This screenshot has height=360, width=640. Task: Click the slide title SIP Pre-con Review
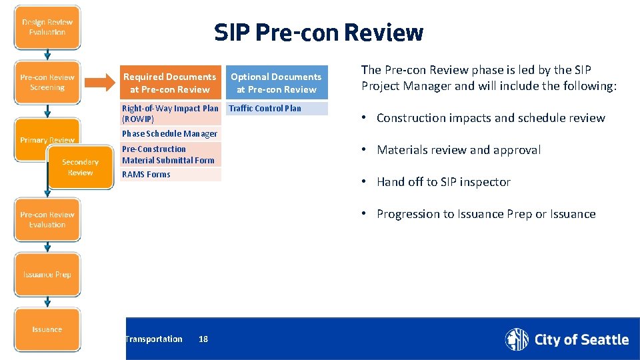pyautogui.click(x=319, y=33)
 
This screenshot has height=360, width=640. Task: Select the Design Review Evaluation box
pyautogui.click(x=47, y=27)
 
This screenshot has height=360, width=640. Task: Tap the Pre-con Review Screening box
pyautogui.click(x=47, y=83)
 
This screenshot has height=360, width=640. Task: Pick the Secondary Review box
pyautogui.click(x=80, y=167)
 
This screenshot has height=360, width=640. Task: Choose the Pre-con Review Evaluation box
pyautogui.click(x=47, y=220)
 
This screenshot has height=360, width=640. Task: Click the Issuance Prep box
pyautogui.click(x=47, y=275)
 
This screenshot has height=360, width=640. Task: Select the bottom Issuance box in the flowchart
pyautogui.click(x=47, y=329)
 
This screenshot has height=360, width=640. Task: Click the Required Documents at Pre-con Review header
pyautogui.click(x=170, y=83)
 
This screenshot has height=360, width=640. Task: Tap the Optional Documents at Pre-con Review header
pyautogui.click(x=276, y=83)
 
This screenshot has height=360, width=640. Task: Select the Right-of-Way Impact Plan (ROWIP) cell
pyautogui.click(x=170, y=113)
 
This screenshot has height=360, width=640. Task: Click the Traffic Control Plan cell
pyautogui.click(x=276, y=108)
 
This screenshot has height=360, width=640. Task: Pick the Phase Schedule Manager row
pyautogui.click(x=170, y=134)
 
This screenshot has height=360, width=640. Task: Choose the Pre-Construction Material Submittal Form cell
pyautogui.click(x=170, y=155)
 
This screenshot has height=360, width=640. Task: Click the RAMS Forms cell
pyautogui.click(x=170, y=175)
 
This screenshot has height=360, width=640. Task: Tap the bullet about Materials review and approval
pyautogui.click(x=459, y=150)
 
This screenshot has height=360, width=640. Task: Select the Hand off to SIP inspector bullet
pyautogui.click(x=443, y=182)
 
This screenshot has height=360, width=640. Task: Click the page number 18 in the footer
pyautogui.click(x=203, y=339)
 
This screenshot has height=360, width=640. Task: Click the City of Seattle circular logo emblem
pyautogui.click(x=517, y=339)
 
